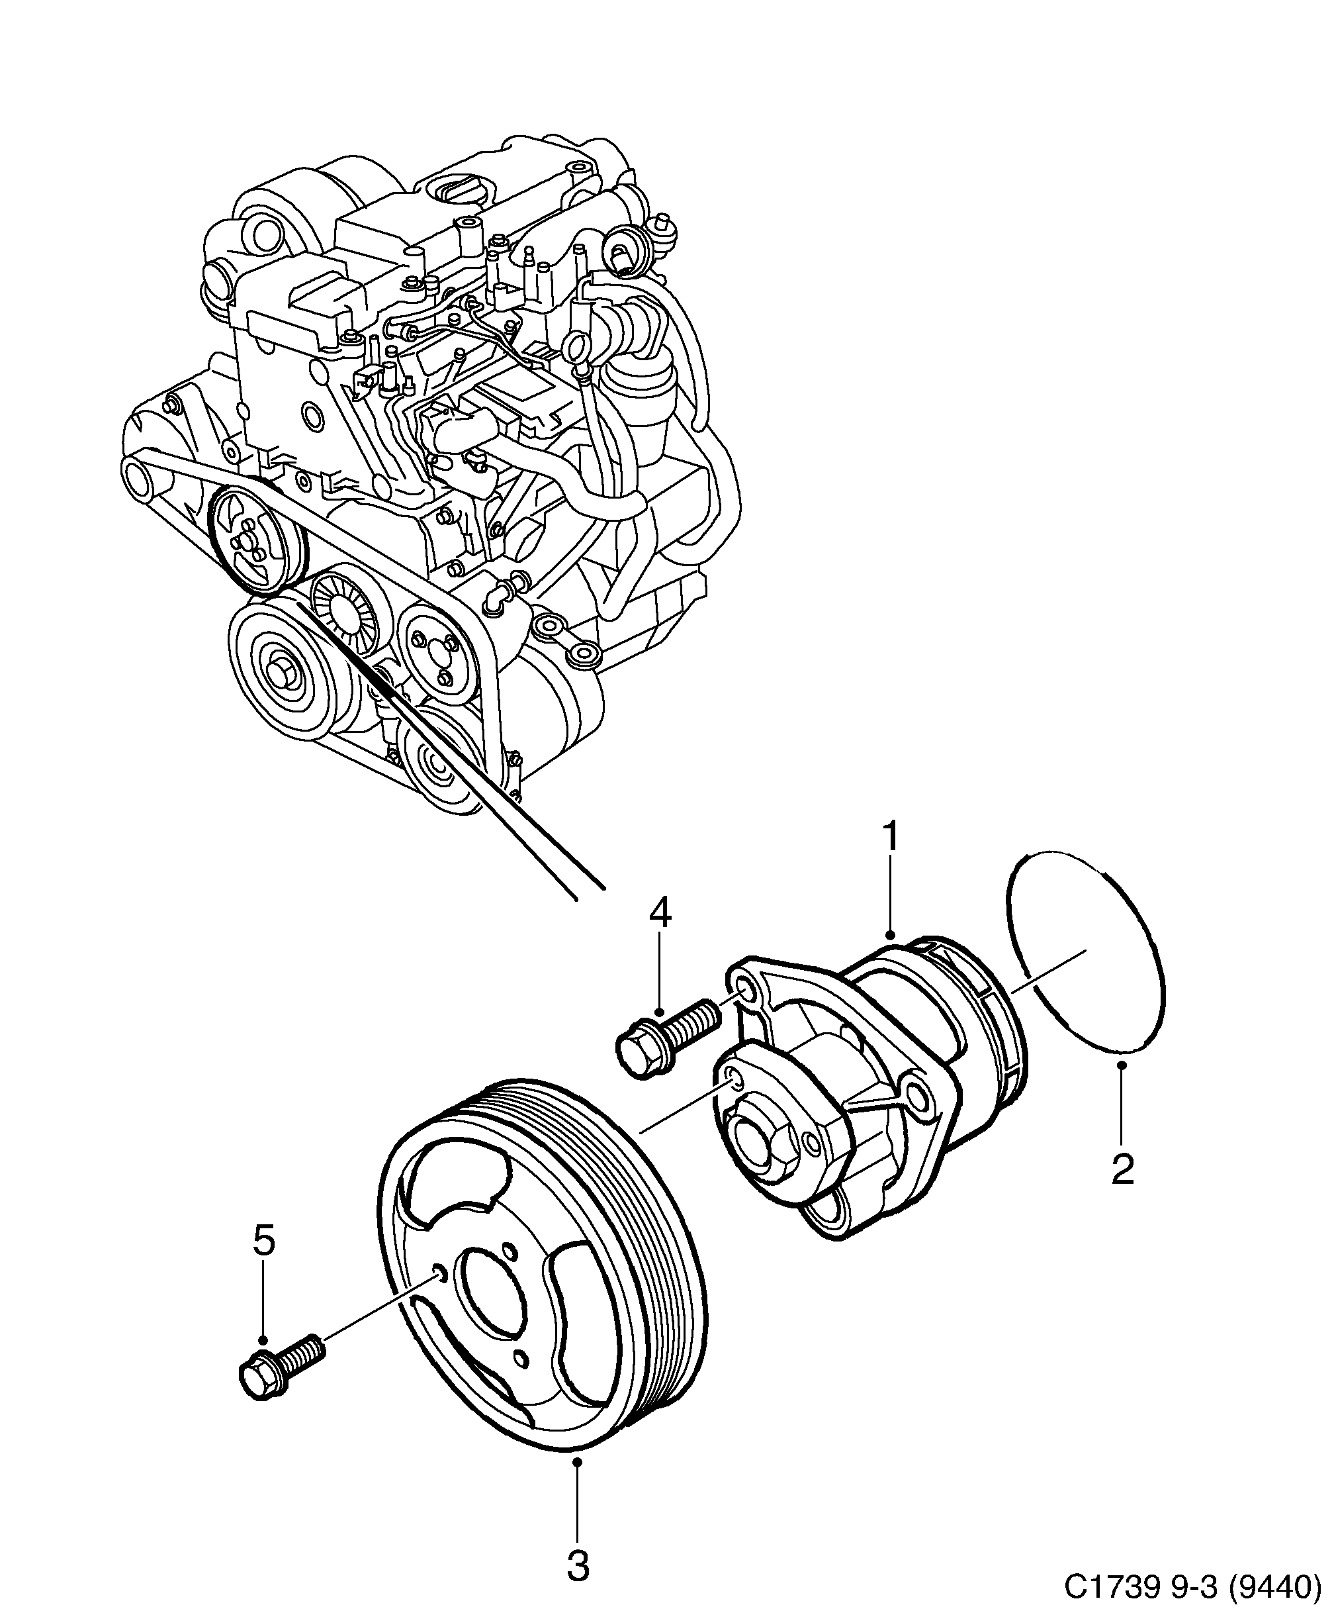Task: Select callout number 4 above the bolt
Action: tap(660, 912)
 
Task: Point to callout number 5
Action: tap(263, 1242)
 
